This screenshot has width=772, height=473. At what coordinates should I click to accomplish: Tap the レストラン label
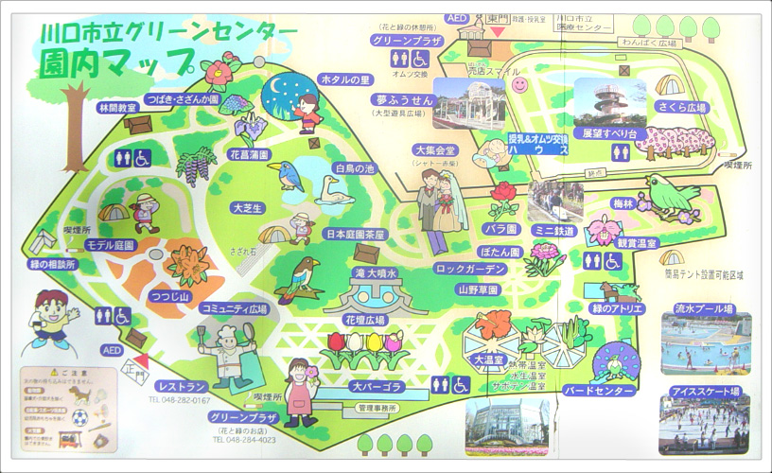click(x=183, y=387)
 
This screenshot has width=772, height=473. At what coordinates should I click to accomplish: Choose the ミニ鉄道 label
click(x=555, y=230)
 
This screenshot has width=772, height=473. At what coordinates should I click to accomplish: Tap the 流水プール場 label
click(x=706, y=308)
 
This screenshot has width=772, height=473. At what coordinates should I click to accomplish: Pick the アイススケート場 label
click(x=705, y=392)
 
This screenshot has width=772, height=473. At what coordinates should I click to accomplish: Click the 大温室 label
click(x=488, y=360)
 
